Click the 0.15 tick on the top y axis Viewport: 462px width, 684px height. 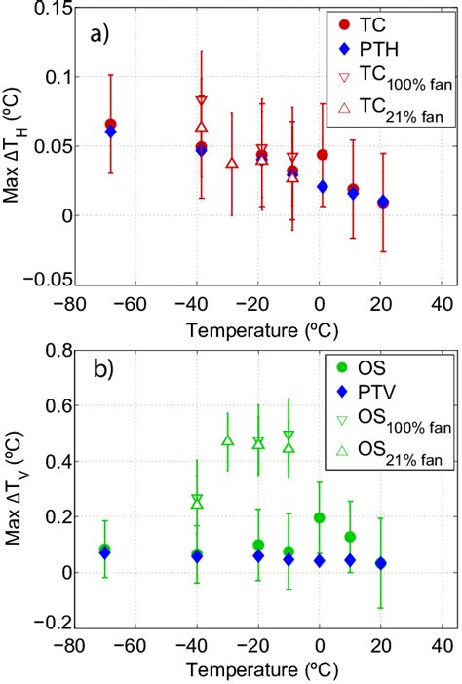coord(54,8)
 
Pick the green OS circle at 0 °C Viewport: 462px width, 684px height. coord(320,518)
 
